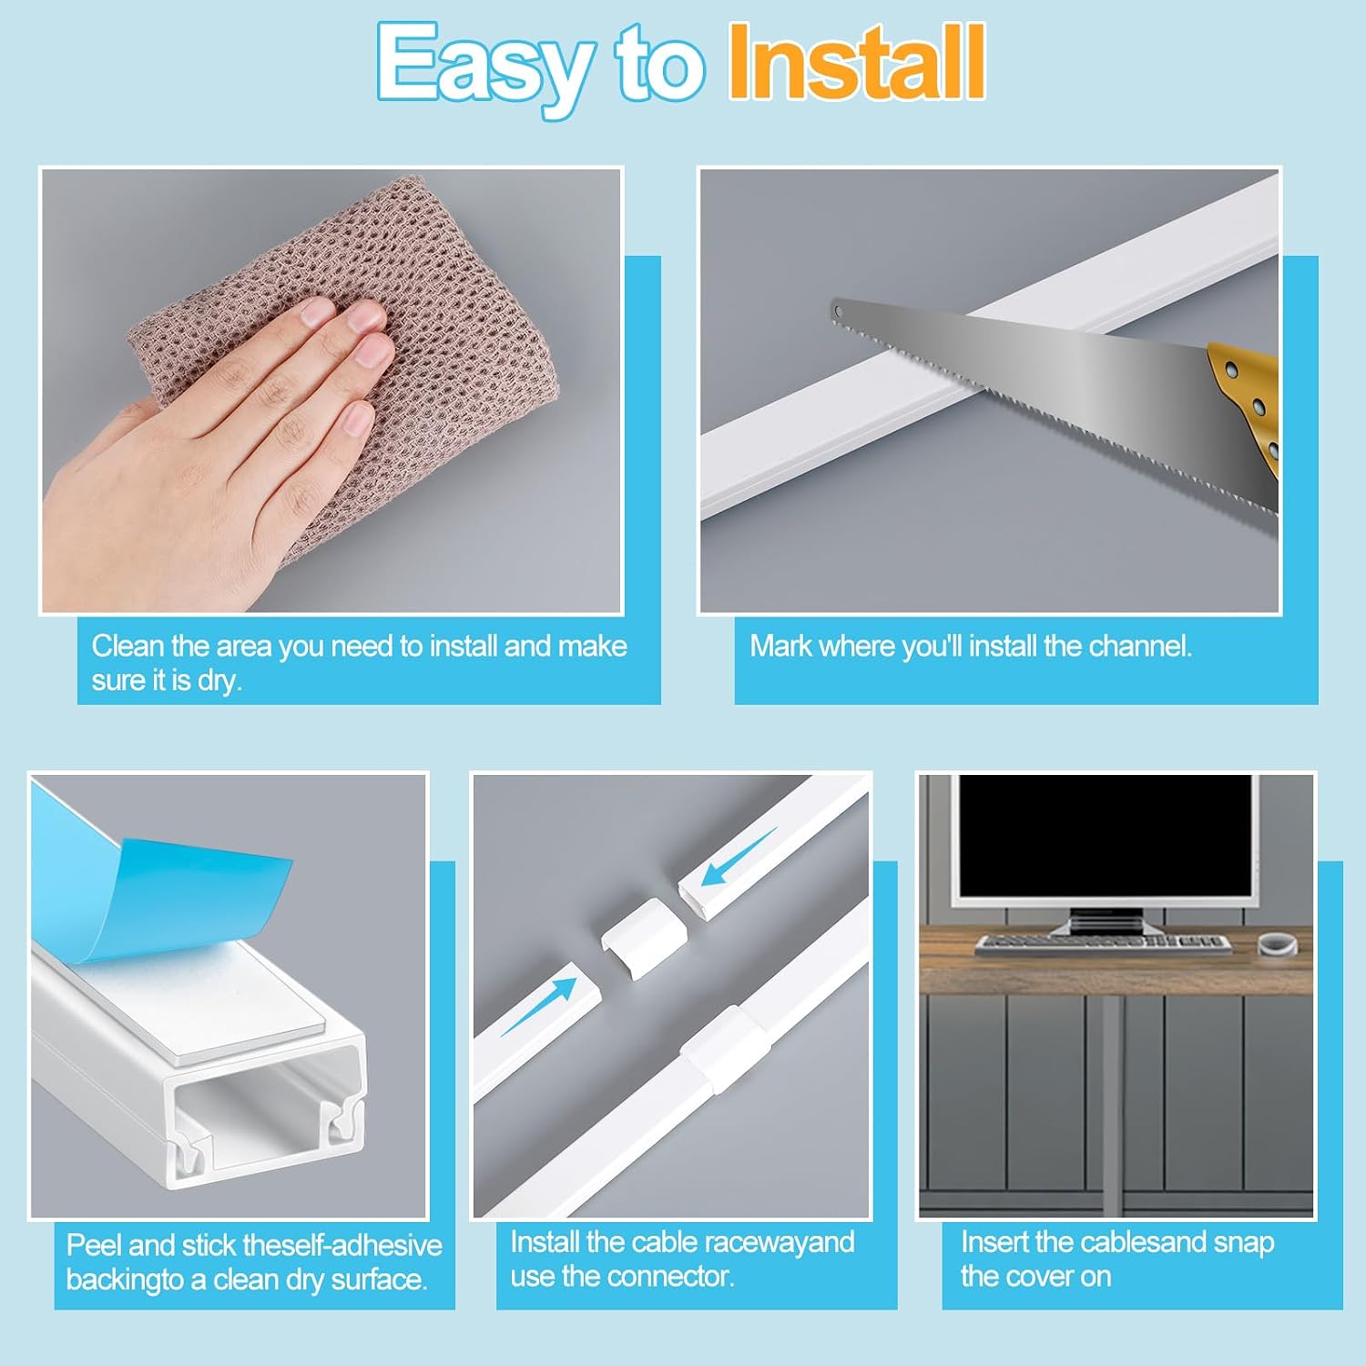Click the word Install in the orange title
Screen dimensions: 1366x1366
[x=857, y=62]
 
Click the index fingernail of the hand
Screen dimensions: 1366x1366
[x=318, y=312]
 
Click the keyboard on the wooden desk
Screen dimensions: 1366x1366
[x=1103, y=944]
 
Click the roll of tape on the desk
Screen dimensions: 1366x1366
[x=1277, y=943]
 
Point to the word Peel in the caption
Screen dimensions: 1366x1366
[x=94, y=1245]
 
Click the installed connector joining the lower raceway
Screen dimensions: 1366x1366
[x=718, y=1047]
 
